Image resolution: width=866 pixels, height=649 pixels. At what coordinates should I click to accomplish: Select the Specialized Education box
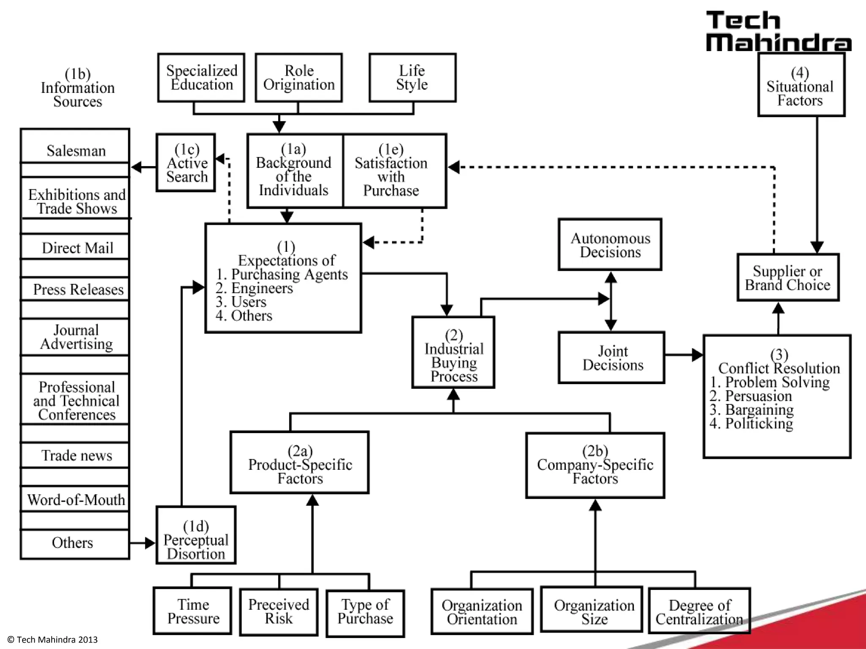pos(201,78)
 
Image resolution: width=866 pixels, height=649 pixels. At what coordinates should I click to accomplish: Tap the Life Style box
pos(412,78)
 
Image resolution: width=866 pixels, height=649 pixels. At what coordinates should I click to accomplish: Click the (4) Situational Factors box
pos(800,85)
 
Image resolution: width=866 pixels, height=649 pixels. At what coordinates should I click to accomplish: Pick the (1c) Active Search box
pos(186,163)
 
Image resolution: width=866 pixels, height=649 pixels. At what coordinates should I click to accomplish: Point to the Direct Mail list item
pos(76,248)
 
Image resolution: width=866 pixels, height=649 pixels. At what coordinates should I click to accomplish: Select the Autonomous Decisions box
pos(610,245)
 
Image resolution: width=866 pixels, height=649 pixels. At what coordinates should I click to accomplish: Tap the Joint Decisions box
pos(611,358)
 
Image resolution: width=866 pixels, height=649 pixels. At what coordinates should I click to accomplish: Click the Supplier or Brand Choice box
pos(787,278)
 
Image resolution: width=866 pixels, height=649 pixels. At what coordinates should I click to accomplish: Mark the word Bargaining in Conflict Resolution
pos(759,409)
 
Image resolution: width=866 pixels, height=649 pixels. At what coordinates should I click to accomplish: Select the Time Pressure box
pos(193,611)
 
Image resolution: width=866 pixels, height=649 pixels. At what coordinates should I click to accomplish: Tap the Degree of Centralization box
pos(699,611)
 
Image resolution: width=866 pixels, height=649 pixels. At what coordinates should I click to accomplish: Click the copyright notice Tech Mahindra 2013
pos(53,640)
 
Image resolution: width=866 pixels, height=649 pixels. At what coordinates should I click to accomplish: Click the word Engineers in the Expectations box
pos(262,288)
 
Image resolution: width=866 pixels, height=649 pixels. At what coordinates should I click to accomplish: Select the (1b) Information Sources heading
pos(77,87)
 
